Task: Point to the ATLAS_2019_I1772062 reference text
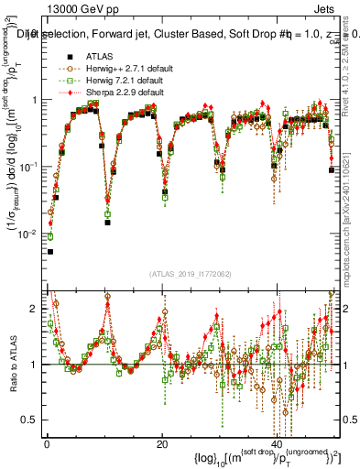(190, 273)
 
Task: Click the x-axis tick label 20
(162, 442)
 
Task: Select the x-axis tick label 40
(278, 442)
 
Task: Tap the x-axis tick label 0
(47, 442)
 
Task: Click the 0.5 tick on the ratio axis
(34, 420)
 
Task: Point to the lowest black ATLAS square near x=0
(50, 251)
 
